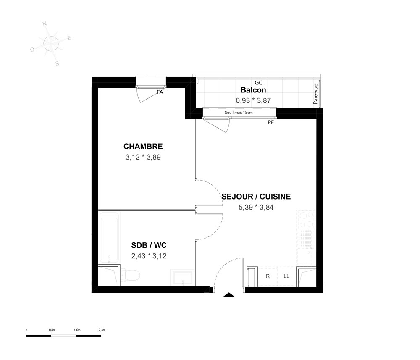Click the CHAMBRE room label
[x=143, y=146]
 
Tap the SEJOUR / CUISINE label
[x=256, y=197]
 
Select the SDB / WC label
[x=149, y=245]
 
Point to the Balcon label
[x=253, y=90]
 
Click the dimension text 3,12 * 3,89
[x=143, y=157]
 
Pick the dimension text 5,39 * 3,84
[x=256, y=208]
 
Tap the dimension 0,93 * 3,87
[x=253, y=101]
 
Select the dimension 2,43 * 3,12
[x=149, y=256]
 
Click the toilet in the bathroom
[x=130, y=275]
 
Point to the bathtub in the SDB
[x=109, y=237]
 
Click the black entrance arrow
[x=229, y=295]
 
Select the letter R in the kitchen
[x=268, y=276]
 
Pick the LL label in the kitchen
[x=286, y=276]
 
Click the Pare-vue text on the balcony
[x=315, y=94]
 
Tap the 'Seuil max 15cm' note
[x=239, y=113]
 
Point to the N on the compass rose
[x=45, y=24]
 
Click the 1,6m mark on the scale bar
[x=77, y=330]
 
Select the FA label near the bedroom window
[x=160, y=92]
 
